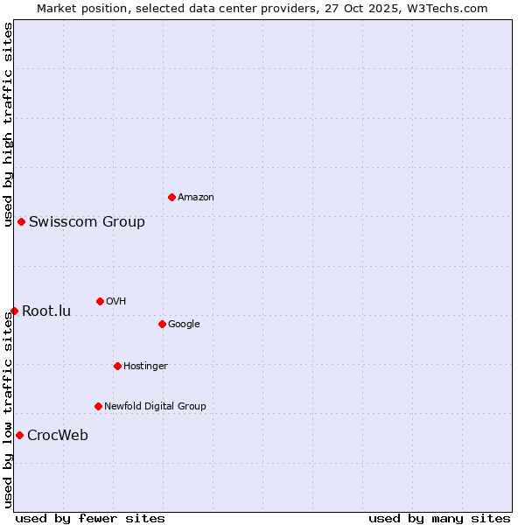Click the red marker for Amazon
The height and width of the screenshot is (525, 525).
pos(171,197)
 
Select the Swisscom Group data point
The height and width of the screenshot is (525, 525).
pos(21,221)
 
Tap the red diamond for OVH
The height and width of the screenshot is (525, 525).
pos(100,301)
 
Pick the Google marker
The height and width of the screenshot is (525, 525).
pos(162,324)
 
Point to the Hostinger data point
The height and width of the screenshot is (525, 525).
pos(117,366)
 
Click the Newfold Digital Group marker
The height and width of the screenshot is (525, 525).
pos(98,406)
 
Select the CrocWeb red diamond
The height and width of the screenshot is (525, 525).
pos(19,435)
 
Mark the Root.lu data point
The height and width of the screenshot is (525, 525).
pos(14,311)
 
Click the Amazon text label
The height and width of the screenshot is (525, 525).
pos(196,198)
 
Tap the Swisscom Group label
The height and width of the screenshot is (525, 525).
pos(87,222)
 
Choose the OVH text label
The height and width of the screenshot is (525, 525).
pos(116,302)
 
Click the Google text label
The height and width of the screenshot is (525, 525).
pos(184,325)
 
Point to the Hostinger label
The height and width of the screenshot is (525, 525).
pos(145,367)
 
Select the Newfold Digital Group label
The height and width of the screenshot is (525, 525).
pos(155,407)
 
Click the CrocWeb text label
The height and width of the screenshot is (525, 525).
pos(58,436)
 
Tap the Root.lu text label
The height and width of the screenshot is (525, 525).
pos(46,311)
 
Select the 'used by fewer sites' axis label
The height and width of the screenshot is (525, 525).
pos(90,518)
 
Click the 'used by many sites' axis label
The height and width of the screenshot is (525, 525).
pos(439,518)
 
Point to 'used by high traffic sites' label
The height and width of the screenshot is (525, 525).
pos(8,124)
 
